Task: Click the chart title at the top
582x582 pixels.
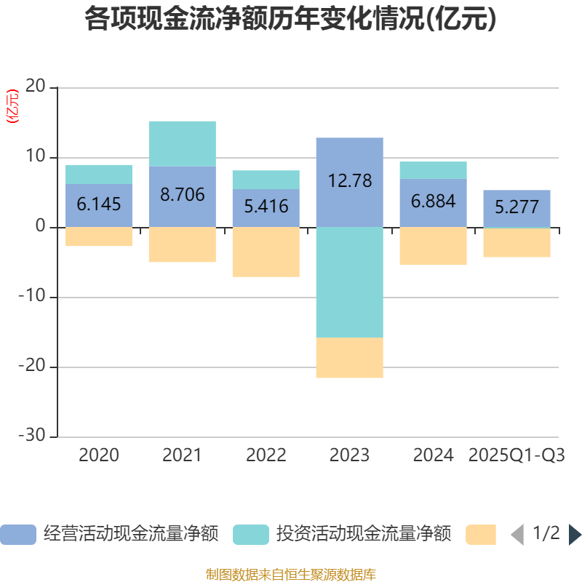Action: pos(290,20)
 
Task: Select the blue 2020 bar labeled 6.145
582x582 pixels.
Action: pos(99,205)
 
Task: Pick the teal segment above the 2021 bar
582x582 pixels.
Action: pos(182,143)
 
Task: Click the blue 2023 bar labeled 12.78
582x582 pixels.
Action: pos(349,182)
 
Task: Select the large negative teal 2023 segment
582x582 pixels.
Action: pos(349,282)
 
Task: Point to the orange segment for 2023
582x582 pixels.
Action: pos(349,358)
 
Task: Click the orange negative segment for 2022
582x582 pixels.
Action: pos(266,252)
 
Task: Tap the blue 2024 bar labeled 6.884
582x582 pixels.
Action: pos(433,203)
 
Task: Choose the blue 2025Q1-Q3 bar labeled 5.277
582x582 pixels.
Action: pos(517,208)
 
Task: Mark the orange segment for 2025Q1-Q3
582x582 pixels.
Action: pos(517,243)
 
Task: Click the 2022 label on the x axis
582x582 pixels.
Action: pos(266,455)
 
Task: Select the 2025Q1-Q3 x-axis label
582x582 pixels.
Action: pos(517,455)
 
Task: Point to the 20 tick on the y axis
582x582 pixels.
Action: pos(36,87)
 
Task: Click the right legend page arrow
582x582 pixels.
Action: pos(575,535)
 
